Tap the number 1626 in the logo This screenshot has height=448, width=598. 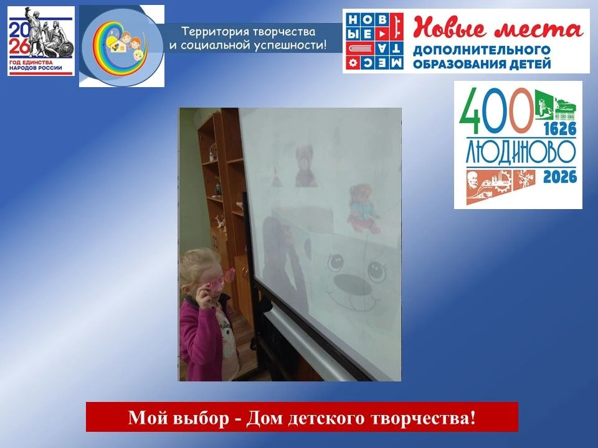pos(560,129)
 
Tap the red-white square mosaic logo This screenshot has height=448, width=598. pos(374,41)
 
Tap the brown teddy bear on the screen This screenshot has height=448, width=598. pos(305,166)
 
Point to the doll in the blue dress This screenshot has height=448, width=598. pos(363,208)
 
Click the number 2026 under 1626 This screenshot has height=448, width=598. pos(560,177)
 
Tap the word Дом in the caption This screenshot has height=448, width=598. pos(263,418)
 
